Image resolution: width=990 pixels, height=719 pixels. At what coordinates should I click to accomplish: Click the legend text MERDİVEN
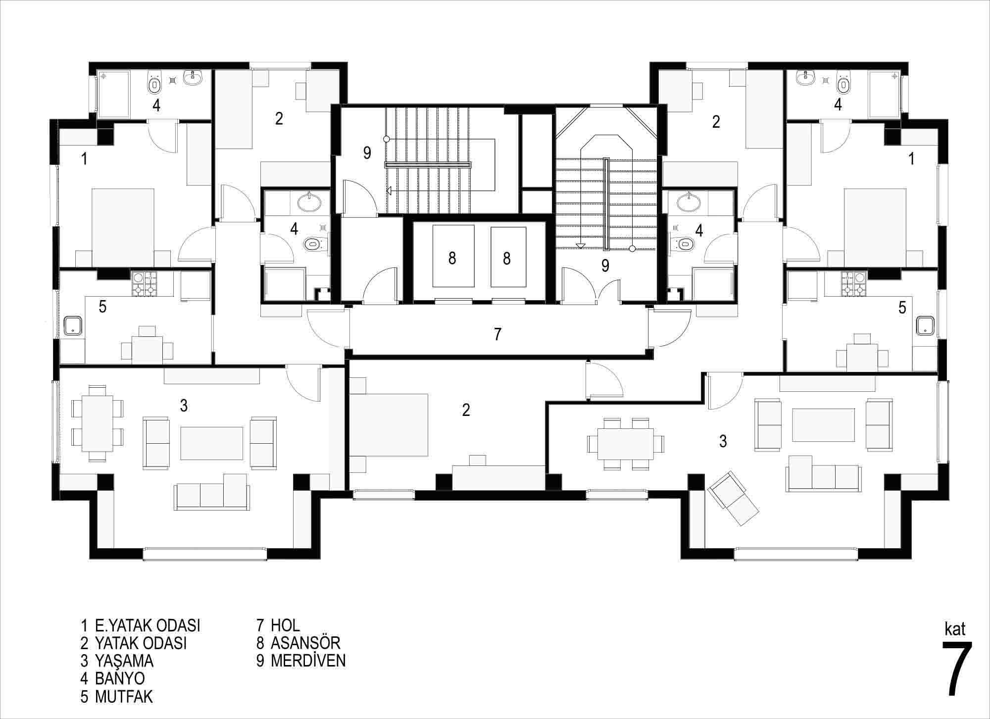tap(308, 661)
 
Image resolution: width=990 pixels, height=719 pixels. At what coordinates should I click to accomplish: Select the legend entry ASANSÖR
tap(305, 643)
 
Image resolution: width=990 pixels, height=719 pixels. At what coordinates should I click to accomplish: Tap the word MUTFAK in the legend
tap(124, 696)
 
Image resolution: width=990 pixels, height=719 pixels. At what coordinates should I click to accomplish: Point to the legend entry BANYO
tap(120, 678)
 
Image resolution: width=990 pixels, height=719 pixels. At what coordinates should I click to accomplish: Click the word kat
tap(955, 629)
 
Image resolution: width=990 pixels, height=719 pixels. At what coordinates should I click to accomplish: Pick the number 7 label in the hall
tap(497, 334)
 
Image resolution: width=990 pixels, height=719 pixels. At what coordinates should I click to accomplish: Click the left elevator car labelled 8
tap(453, 256)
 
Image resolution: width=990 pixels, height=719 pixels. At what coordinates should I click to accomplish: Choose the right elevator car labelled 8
tap(508, 257)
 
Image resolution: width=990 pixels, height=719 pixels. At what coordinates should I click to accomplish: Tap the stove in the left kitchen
tap(144, 284)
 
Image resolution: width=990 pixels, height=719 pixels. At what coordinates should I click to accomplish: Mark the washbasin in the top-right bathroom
tap(806, 77)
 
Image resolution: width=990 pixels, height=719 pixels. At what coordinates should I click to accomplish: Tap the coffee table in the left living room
tap(212, 443)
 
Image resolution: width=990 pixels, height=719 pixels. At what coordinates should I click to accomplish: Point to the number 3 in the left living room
tap(184, 406)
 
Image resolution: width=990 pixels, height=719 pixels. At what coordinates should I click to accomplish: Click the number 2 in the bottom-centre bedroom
tap(466, 410)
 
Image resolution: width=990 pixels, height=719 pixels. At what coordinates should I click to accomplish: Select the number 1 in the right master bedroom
tap(911, 159)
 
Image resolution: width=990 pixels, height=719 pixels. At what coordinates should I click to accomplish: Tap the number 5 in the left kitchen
tap(102, 307)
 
